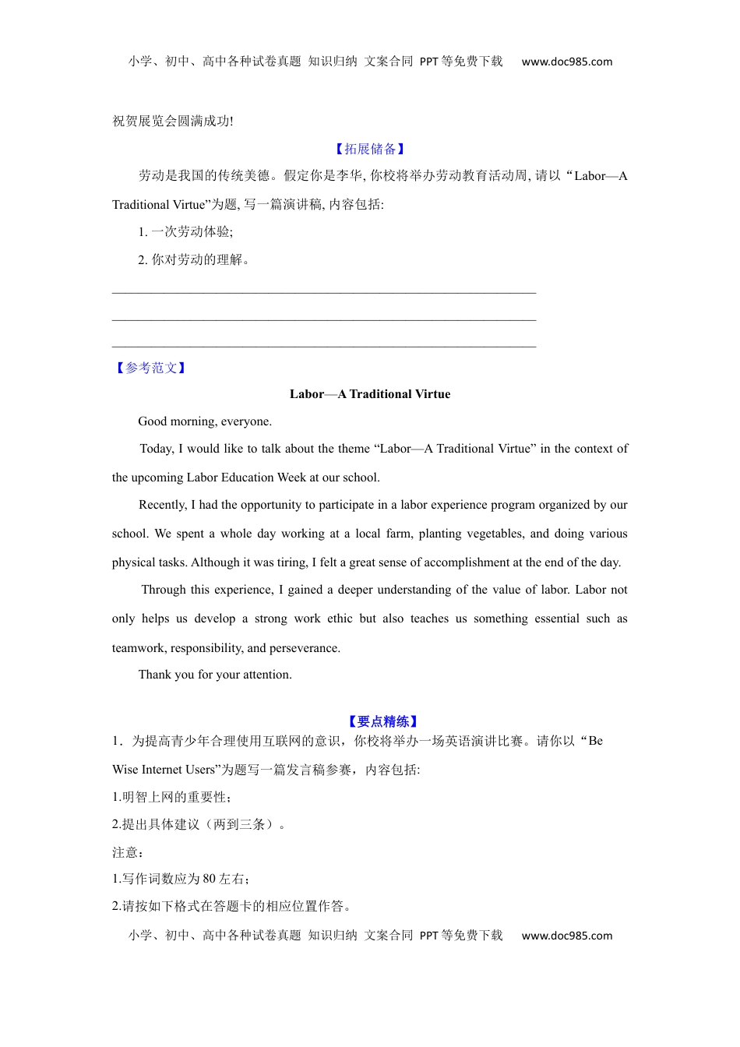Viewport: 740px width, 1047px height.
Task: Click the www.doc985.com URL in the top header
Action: [x=566, y=62]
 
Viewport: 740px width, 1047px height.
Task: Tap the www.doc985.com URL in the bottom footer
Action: [x=566, y=936]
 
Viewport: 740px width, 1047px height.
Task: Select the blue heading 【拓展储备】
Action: [x=370, y=149]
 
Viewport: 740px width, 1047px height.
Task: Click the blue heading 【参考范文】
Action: [x=150, y=368]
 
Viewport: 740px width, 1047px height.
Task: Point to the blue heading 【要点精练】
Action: [x=382, y=721]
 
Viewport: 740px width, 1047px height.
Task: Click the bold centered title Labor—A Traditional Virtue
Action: [x=370, y=394]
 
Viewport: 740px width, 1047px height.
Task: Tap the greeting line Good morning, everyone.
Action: [x=205, y=421]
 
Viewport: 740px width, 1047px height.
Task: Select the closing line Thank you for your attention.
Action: [x=215, y=675]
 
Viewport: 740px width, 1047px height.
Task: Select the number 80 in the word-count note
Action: [x=209, y=879]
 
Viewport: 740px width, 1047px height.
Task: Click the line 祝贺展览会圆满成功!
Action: [x=173, y=121]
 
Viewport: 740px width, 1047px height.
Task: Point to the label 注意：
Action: [x=128, y=852]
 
